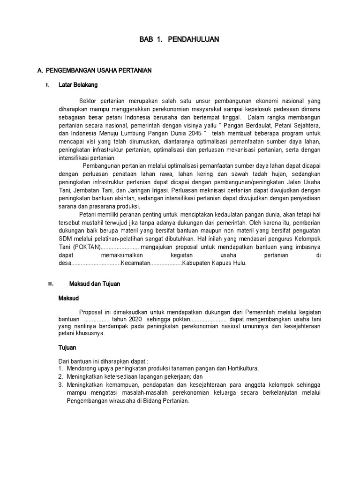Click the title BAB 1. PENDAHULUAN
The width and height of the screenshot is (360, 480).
(179, 40)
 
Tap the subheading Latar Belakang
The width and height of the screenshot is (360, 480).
(78, 85)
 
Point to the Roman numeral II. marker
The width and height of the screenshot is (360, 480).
(51, 284)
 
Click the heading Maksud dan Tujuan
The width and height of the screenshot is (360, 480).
(95, 284)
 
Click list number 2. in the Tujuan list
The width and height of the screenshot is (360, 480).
(60, 377)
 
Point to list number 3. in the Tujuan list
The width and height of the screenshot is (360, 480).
(60, 385)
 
